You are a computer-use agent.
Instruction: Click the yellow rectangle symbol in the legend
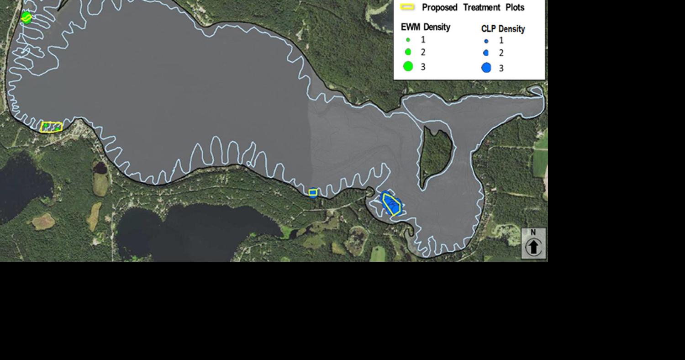coord(407,7)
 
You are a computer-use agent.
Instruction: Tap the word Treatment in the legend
coord(482,8)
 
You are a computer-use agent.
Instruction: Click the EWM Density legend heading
coord(426,27)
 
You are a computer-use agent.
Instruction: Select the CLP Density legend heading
coord(503,29)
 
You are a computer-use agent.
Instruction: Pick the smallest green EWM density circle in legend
coord(408,40)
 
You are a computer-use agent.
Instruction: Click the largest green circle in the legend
coord(408,66)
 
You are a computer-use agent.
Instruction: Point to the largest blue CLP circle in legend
coord(486,68)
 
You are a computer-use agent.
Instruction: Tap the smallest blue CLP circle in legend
coord(486,41)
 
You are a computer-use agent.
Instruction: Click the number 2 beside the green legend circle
coord(423,52)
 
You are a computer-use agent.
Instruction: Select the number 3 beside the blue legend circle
coord(501,68)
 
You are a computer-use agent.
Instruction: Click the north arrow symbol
coord(533,247)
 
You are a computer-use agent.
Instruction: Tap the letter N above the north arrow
coord(533,233)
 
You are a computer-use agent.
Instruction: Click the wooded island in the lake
coord(436,153)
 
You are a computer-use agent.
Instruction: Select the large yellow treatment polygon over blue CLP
coord(391,204)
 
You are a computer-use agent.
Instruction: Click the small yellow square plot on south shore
coord(313,193)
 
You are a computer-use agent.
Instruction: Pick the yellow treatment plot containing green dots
coord(51,127)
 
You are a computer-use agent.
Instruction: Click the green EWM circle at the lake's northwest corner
coord(26,17)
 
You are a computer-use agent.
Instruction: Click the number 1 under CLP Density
coord(501,41)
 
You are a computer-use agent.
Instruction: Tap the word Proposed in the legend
coord(439,8)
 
